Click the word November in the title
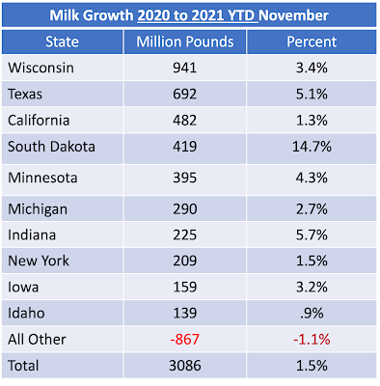coord(293,15)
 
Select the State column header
coord(62,41)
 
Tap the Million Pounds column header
coord(185,41)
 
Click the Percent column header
coord(312,41)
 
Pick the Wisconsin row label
coord(41,68)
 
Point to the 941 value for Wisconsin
coord(185,68)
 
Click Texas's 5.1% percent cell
coord(312,94)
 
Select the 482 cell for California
coord(185,121)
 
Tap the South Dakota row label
coord(51,147)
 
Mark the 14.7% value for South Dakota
coord(312,147)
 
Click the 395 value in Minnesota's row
coord(185,178)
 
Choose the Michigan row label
coord(38,209)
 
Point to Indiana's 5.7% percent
coord(312,234)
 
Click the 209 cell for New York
coord(185,261)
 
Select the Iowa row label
coord(23,287)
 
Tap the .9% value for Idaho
coord(312,313)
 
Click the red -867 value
coord(185,340)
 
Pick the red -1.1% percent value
coord(312,340)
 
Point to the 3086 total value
coord(185,366)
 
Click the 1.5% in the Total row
coord(312,366)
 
